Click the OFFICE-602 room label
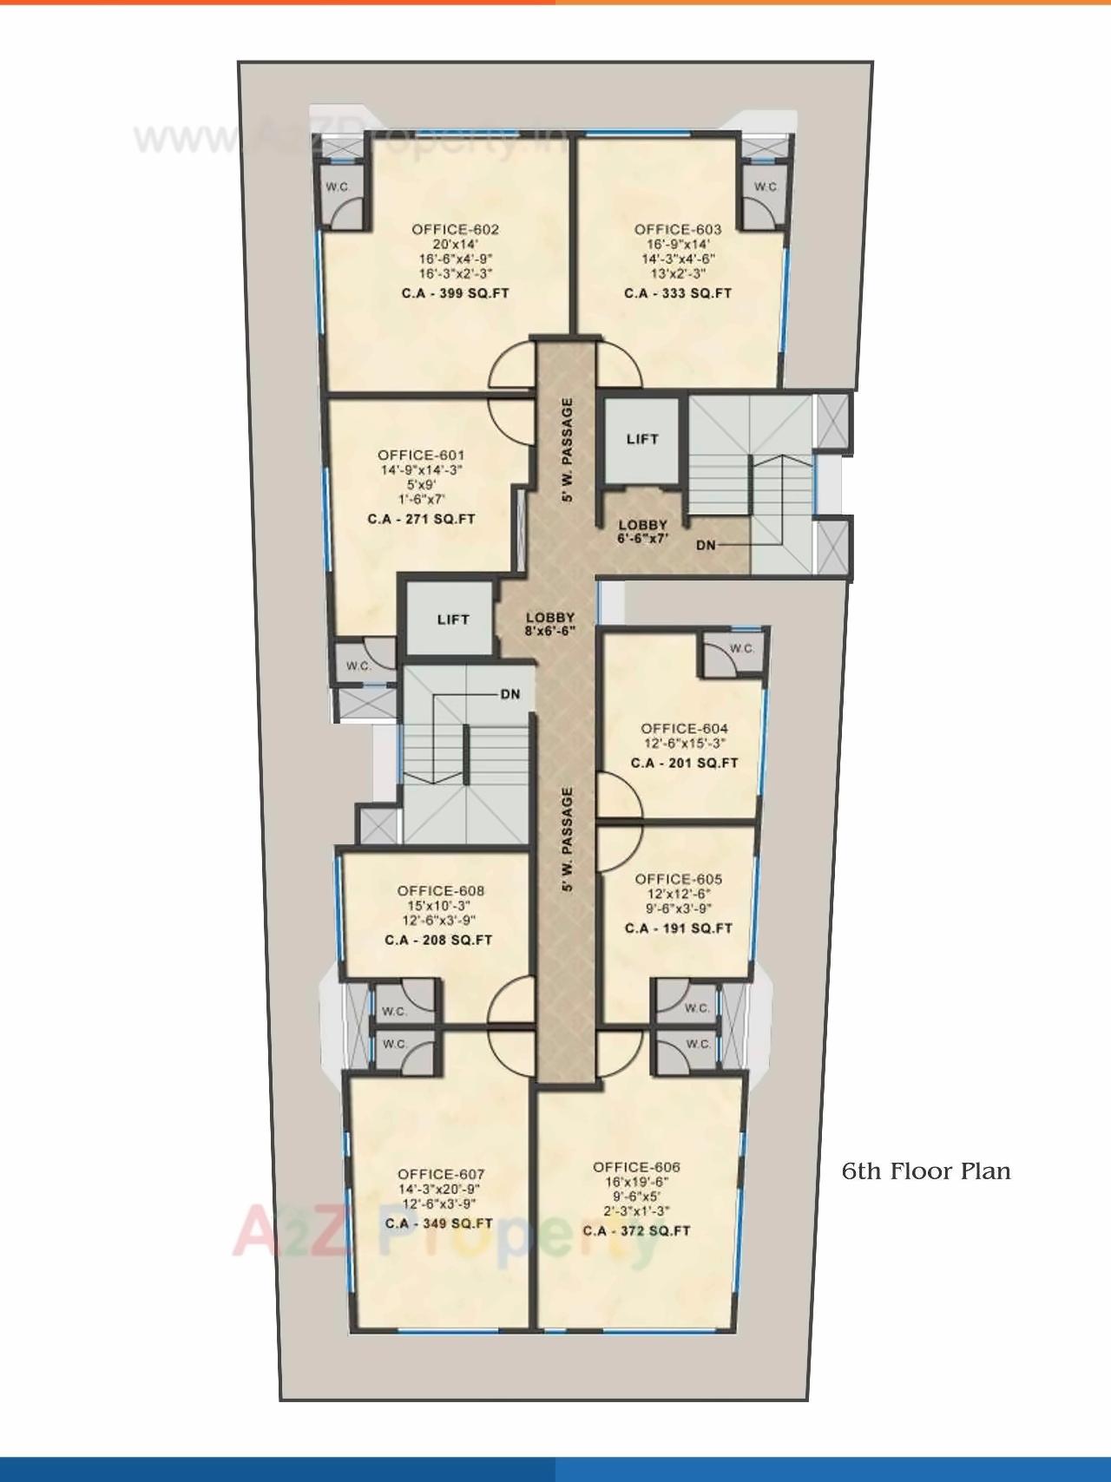(x=455, y=229)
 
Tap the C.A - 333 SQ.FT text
(x=677, y=293)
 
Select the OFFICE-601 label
(x=421, y=455)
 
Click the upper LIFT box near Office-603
(x=641, y=439)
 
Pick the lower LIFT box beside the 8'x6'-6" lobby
(x=452, y=620)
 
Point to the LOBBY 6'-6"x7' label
(x=642, y=531)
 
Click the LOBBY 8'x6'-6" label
(x=550, y=625)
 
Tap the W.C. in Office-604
(x=741, y=648)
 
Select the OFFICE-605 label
(x=678, y=879)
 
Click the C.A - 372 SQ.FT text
(x=636, y=1230)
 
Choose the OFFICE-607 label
(x=441, y=1174)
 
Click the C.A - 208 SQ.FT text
(x=438, y=940)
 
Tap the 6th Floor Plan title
(x=926, y=1171)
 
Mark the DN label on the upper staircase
(x=706, y=545)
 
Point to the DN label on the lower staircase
(x=509, y=694)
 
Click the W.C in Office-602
(x=337, y=187)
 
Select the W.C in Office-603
(x=765, y=187)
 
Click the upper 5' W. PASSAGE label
(x=567, y=450)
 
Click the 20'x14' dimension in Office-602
(x=455, y=244)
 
